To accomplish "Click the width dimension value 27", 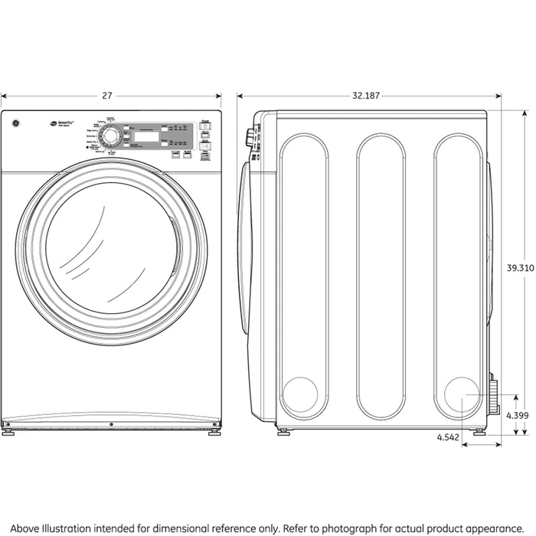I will (107, 96).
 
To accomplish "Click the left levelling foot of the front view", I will (7, 430).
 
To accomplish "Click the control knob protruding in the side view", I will (249, 138).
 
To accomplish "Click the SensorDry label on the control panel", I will (61, 120).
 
